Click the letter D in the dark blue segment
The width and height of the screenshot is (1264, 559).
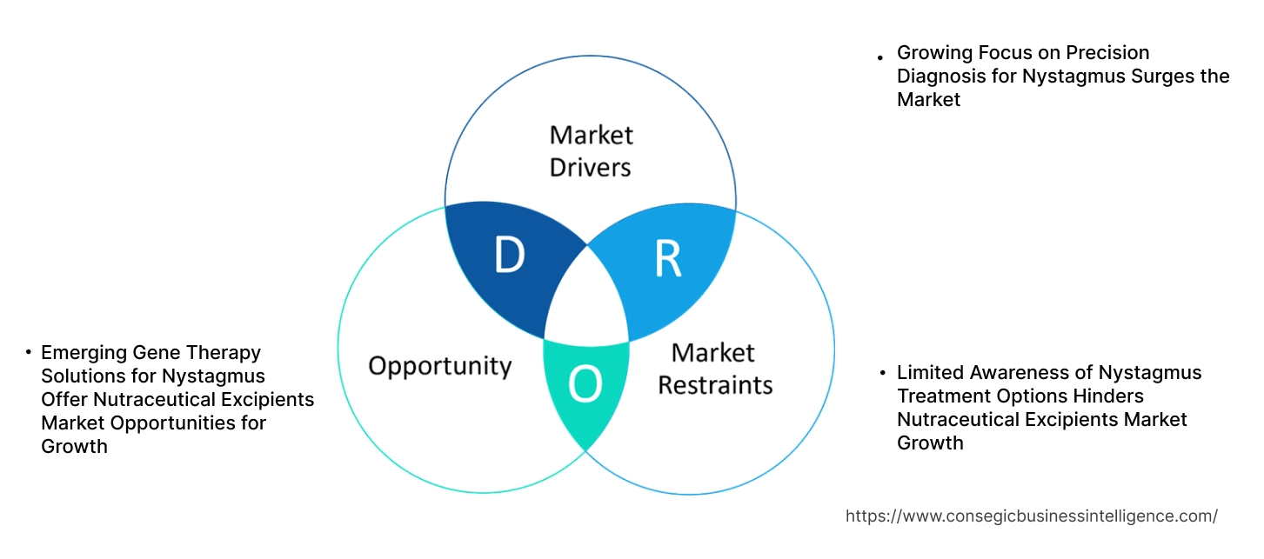click(x=509, y=256)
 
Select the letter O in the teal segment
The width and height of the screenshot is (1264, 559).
click(x=585, y=385)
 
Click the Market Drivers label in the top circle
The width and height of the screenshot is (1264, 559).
click(x=591, y=150)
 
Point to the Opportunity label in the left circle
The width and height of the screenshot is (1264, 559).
click(x=439, y=365)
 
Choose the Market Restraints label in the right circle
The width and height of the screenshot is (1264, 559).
click(x=714, y=368)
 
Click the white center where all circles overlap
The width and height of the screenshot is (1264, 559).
click(x=587, y=300)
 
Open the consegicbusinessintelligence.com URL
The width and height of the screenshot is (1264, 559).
click(x=1031, y=516)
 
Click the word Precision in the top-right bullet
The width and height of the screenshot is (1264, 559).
click(x=1109, y=52)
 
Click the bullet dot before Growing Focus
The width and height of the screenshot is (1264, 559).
click(x=881, y=57)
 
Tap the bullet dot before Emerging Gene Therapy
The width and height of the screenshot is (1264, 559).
click(x=28, y=353)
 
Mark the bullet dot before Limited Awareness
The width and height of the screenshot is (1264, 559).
click(x=881, y=373)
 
